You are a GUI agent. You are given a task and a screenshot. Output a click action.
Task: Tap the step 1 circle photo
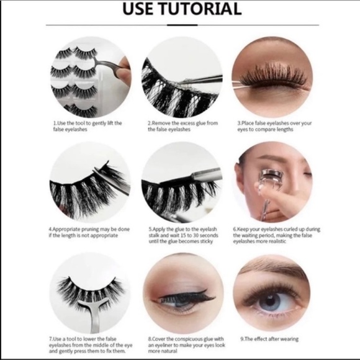90,77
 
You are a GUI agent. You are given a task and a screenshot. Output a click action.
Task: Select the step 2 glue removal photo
181,77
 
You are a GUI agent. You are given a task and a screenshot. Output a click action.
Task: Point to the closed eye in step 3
272,78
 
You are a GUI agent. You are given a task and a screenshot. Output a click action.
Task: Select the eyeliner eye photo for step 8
181,292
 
